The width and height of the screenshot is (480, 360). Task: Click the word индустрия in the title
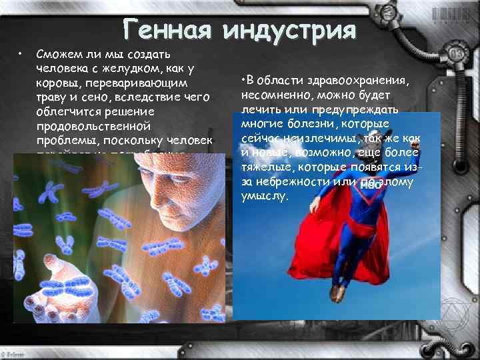click(x=290, y=30)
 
